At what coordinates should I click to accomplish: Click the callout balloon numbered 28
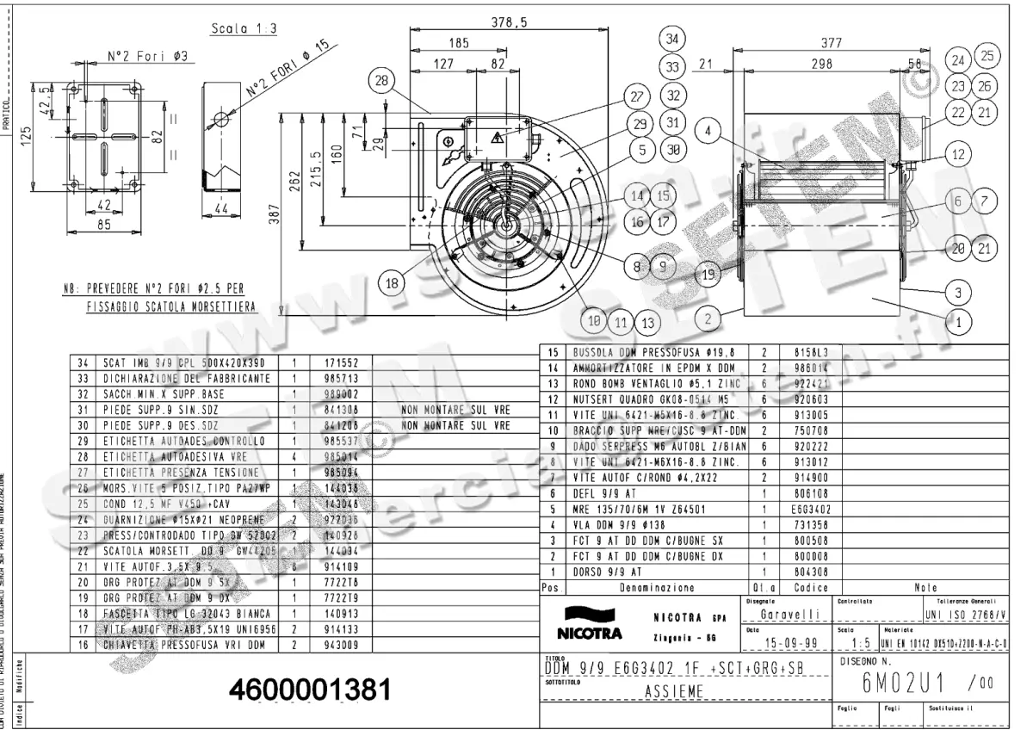(380, 82)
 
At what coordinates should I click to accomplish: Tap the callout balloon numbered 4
(708, 132)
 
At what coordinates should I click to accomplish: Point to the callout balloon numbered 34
(672, 39)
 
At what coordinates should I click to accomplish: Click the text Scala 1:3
(244, 29)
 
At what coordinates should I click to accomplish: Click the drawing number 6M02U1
(902, 683)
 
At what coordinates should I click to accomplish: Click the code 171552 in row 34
(342, 363)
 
